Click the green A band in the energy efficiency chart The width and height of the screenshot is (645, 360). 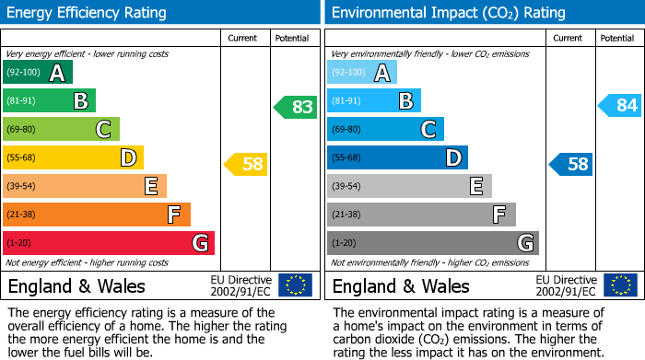[x=38, y=73]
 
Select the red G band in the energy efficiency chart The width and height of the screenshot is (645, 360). [x=108, y=243]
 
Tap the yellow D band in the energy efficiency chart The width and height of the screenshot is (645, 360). [x=73, y=158]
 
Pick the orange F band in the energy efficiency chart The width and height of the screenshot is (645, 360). [x=96, y=215]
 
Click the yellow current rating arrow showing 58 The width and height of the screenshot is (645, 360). [x=247, y=165]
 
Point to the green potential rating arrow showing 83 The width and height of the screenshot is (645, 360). [x=296, y=107]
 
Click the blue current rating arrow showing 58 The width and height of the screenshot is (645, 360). [x=571, y=165]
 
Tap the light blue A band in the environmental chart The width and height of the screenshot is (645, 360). [x=361, y=73]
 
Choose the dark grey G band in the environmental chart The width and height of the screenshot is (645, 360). [x=432, y=243]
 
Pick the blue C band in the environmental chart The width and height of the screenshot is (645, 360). [x=385, y=130]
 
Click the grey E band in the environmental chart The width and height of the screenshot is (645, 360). [x=409, y=186]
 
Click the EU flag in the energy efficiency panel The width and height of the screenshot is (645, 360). [x=295, y=285]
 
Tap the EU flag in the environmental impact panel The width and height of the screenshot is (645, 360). [x=619, y=285]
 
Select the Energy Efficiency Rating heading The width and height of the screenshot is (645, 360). [x=88, y=13]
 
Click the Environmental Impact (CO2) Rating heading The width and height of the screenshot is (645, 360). [x=448, y=13]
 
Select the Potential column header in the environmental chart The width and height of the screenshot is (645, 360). [x=617, y=38]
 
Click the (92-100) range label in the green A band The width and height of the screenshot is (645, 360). [x=24, y=73]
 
